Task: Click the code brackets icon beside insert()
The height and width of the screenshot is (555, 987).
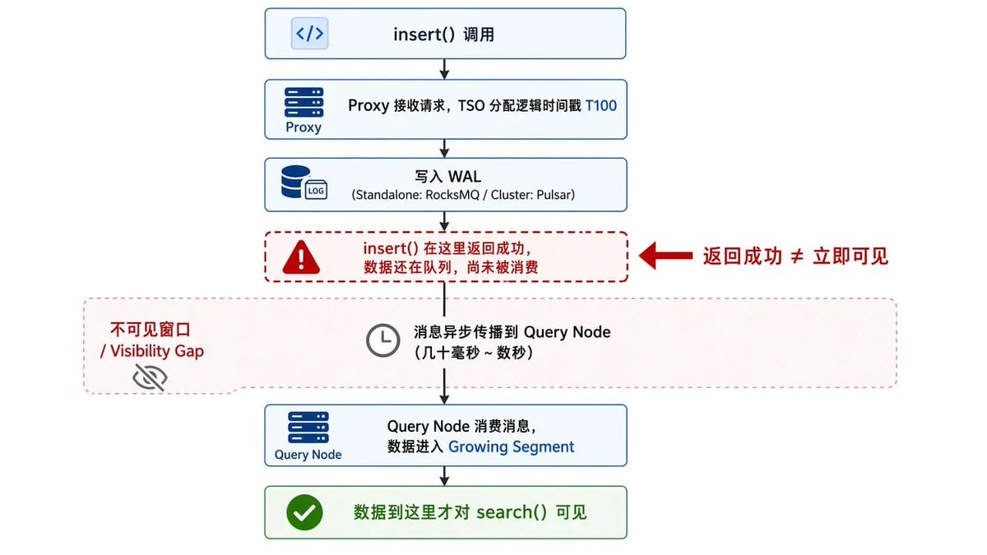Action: [310, 33]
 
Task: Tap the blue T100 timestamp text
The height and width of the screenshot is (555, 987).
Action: [600, 106]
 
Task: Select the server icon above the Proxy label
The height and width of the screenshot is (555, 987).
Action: [304, 102]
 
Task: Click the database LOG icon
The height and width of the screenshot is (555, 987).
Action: [304, 183]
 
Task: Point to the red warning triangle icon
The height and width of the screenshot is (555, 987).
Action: [301, 257]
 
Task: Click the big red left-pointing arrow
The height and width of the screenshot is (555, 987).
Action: [665, 256]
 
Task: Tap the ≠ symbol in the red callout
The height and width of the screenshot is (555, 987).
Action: [797, 257]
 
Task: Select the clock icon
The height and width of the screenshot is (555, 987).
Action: [383, 340]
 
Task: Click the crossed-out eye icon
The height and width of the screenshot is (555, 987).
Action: [151, 377]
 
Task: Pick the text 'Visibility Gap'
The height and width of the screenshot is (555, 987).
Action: [157, 351]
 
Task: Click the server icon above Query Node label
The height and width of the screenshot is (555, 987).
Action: [308, 428]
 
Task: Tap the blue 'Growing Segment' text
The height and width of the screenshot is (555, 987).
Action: [511, 446]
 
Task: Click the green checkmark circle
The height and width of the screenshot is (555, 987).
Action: [304, 512]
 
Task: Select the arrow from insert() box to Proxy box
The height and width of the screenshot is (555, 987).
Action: [445, 69]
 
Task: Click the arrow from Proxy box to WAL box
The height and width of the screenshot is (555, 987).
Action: [445, 149]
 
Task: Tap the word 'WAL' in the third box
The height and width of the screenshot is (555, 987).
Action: [465, 177]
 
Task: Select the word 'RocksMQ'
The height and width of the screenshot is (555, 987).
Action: [452, 195]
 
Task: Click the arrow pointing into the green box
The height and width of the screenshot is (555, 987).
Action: [445, 476]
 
